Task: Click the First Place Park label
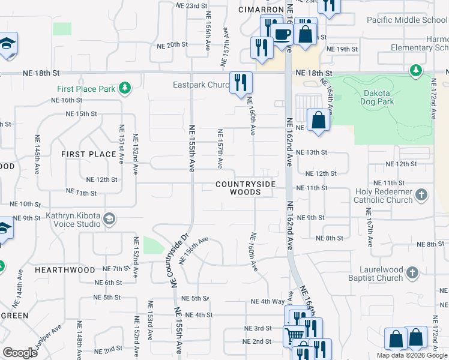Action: pos(86,89)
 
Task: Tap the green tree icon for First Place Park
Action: pos(124,89)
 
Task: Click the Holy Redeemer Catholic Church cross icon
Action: pos(422,194)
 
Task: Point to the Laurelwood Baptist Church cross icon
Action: pos(412,274)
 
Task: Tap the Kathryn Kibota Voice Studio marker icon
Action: pos(109,218)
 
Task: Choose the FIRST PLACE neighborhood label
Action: pos(89,154)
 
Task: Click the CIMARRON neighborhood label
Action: pos(261,10)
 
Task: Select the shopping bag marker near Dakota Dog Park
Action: pos(318,119)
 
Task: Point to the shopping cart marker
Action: pos(294,335)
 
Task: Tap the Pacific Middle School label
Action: pos(406,20)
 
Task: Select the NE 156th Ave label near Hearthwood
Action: pos(195,248)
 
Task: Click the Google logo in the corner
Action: pos(20,353)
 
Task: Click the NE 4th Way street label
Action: pos(267,301)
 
